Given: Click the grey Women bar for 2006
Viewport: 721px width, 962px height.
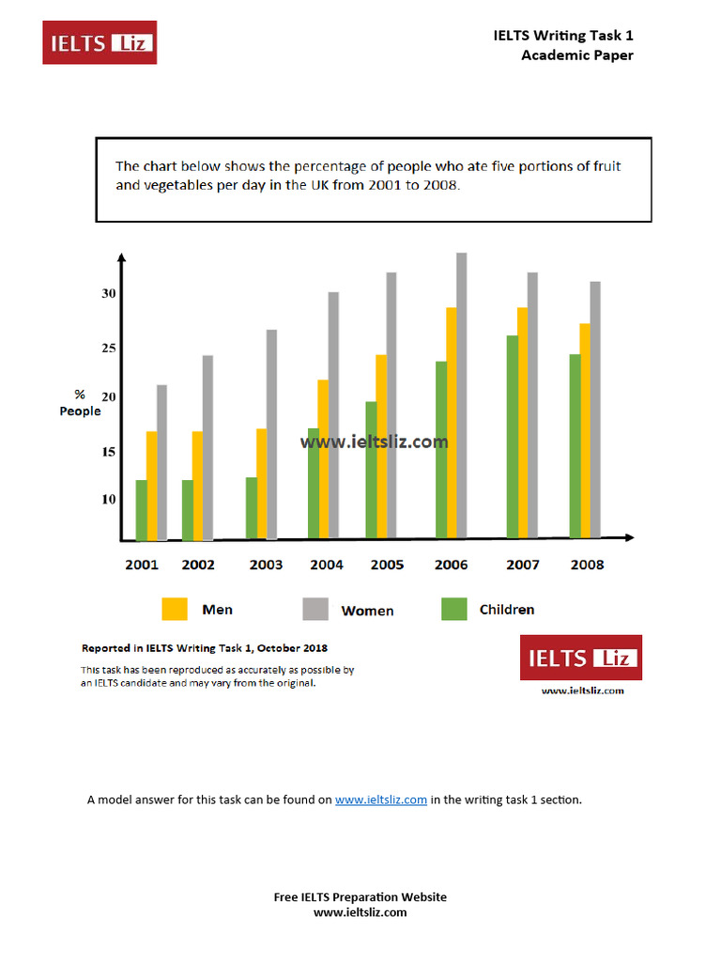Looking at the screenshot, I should [x=461, y=396].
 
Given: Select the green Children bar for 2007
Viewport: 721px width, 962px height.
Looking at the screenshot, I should [x=512, y=437].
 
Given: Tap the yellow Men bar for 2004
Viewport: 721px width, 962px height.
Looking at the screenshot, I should [x=323, y=459].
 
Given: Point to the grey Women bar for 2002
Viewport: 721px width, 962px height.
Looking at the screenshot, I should [x=207, y=447].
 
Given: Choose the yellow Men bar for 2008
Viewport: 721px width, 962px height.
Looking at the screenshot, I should [x=585, y=431].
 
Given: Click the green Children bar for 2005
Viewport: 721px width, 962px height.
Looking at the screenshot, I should [x=371, y=470].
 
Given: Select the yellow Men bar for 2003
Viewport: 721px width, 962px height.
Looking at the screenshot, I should [x=262, y=484].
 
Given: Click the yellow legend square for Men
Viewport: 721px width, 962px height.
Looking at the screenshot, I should [x=175, y=610].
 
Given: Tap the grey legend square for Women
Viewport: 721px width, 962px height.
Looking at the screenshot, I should [x=314, y=610].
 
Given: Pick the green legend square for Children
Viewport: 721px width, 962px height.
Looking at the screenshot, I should [x=453, y=610].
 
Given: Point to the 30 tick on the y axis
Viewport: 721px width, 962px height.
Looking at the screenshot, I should [x=109, y=294].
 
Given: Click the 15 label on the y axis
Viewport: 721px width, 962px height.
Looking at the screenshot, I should [x=109, y=452].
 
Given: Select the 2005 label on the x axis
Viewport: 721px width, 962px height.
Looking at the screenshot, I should [x=387, y=565].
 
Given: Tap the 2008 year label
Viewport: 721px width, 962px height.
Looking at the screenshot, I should [x=588, y=565].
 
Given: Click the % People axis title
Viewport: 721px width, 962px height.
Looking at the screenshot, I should [x=80, y=403].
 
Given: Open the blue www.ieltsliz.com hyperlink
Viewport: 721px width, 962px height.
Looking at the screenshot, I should [x=381, y=800].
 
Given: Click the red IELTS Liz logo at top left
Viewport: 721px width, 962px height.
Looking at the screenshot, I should [x=100, y=42].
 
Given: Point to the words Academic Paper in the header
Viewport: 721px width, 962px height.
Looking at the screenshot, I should [x=577, y=55].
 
